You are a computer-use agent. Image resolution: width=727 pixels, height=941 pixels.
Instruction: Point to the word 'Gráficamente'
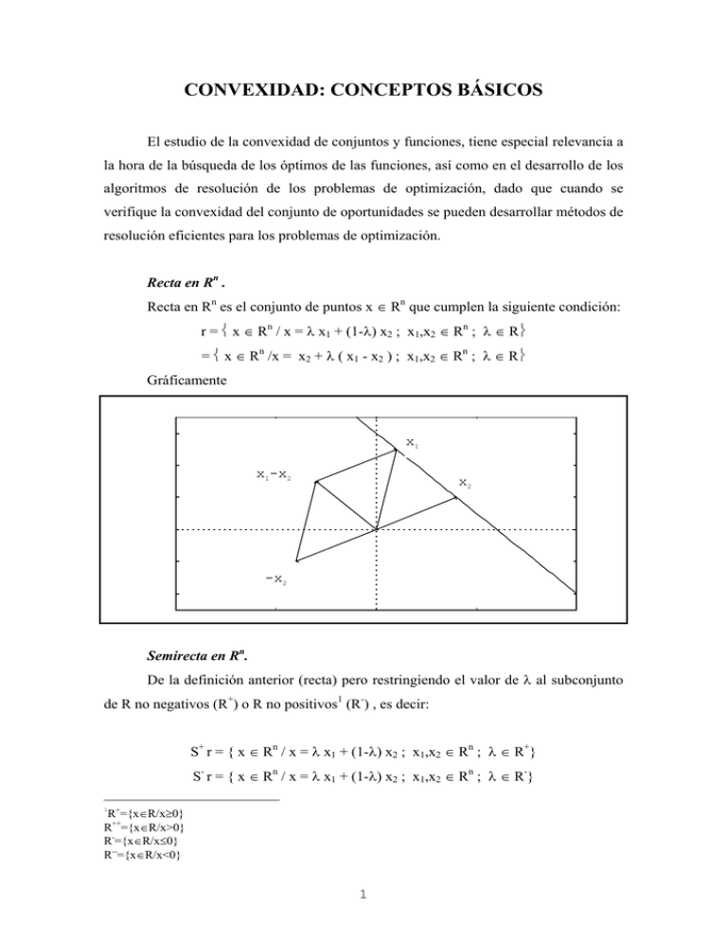pyautogui.click(x=179, y=387)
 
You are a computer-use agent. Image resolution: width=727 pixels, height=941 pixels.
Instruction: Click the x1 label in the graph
pyautogui.click(x=410, y=442)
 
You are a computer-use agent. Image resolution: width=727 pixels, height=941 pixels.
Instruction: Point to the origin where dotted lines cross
pyautogui.click(x=376, y=530)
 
